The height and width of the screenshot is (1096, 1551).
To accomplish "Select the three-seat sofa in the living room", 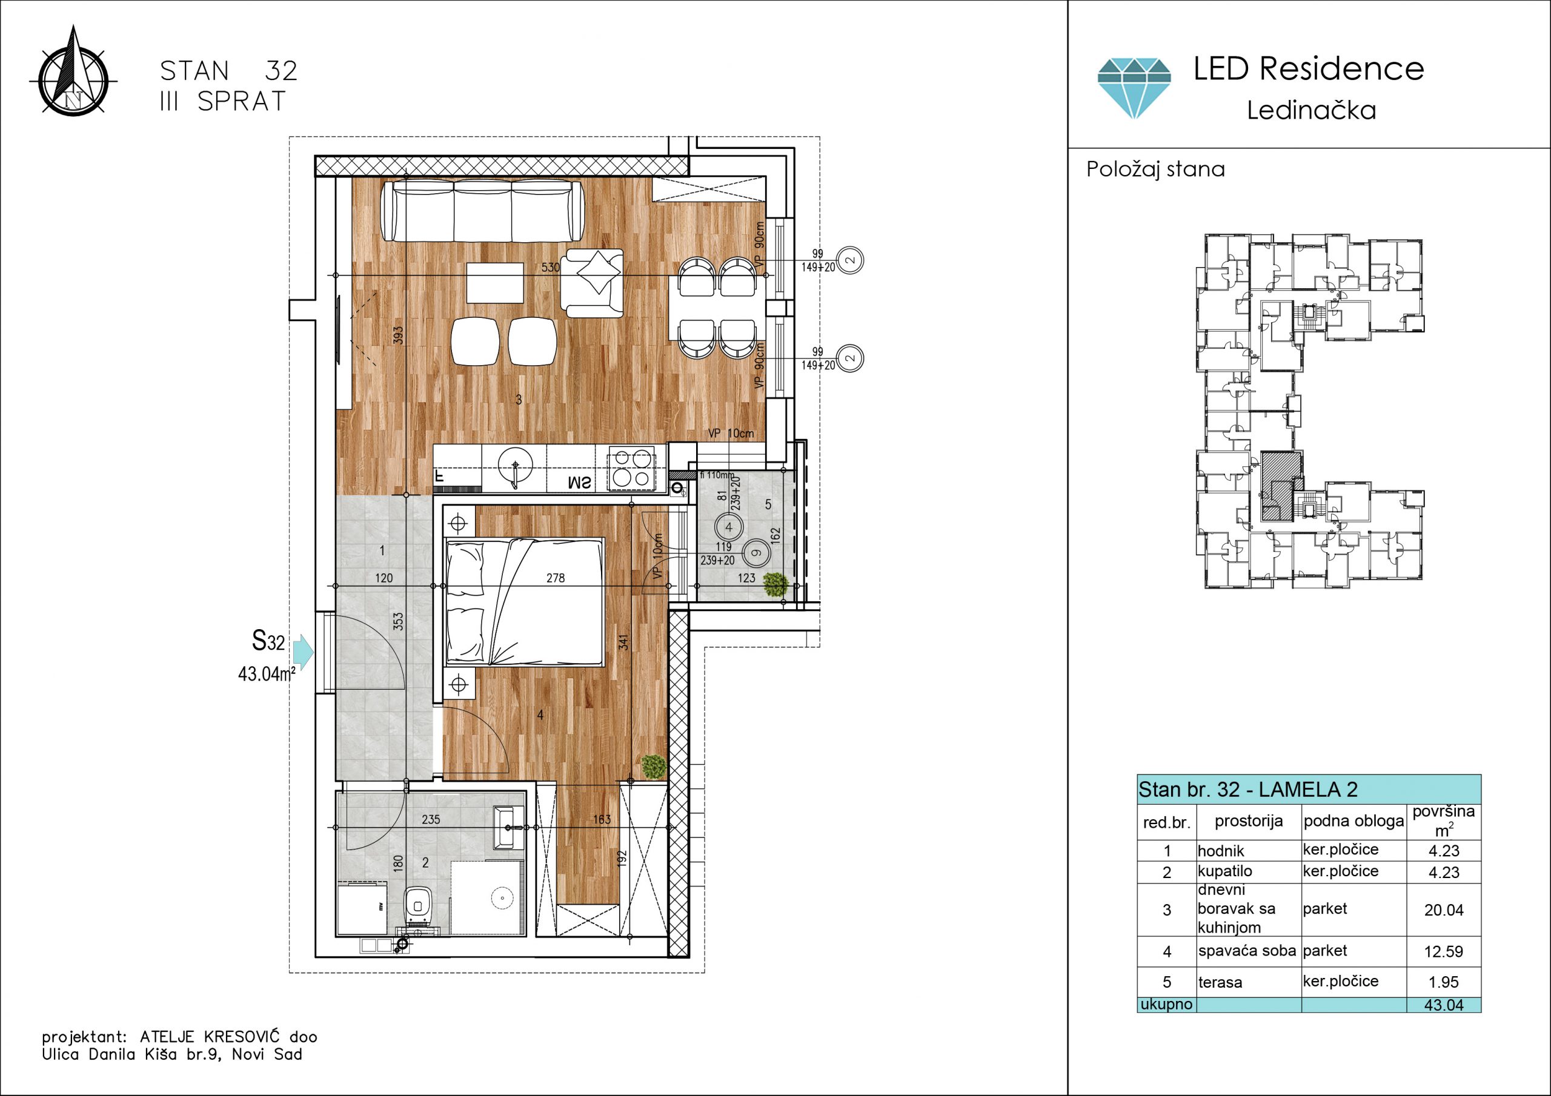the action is click(482, 211).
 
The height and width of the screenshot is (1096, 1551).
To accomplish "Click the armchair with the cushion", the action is click(593, 283).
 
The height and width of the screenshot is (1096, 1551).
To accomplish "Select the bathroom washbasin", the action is click(509, 827).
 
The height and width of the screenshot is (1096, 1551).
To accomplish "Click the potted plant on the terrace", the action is click(775, 584).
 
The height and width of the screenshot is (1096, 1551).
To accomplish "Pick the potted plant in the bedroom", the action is click(653, 767).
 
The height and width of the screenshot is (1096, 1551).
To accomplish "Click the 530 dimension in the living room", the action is click(551, 268).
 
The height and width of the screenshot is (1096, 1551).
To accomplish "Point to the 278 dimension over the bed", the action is click(556, 578).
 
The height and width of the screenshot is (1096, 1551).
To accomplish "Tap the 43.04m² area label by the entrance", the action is click(267, 673).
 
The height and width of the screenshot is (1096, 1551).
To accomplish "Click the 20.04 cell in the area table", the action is click(1444, 909).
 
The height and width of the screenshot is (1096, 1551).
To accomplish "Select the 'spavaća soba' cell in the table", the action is click(1247, 951).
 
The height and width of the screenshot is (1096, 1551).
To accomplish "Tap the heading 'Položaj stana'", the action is click(1155, 169).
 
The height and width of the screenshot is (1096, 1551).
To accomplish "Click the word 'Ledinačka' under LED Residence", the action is click(1311, 110).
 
